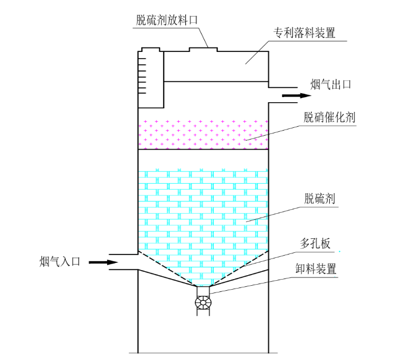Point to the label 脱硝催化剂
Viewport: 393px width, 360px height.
tap(329, 118)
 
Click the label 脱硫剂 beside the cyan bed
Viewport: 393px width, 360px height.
tap(319, 199)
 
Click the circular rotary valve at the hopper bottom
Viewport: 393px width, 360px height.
tap(203, 302)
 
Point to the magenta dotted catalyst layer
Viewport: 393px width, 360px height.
tap(203, 135)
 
